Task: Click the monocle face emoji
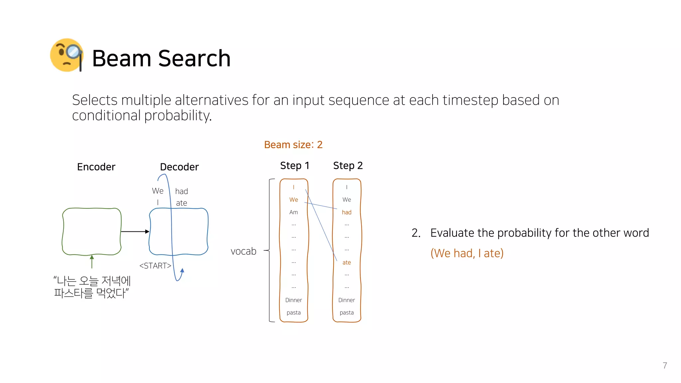67,55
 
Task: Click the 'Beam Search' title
161,59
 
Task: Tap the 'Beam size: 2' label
293,145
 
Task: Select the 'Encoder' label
96,167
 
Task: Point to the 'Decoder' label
179,167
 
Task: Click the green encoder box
92,231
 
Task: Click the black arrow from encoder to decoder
135,231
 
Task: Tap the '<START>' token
155,266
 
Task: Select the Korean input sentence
92,287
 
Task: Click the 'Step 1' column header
295,166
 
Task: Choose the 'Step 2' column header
348,166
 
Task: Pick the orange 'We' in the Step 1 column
294,200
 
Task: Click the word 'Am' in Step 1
294,212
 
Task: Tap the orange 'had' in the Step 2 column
346,212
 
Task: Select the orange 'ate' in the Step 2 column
346,263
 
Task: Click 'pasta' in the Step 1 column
294,313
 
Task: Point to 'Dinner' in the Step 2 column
346,300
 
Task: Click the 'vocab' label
243,251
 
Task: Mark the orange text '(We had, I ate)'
467,253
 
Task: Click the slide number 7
665,366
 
